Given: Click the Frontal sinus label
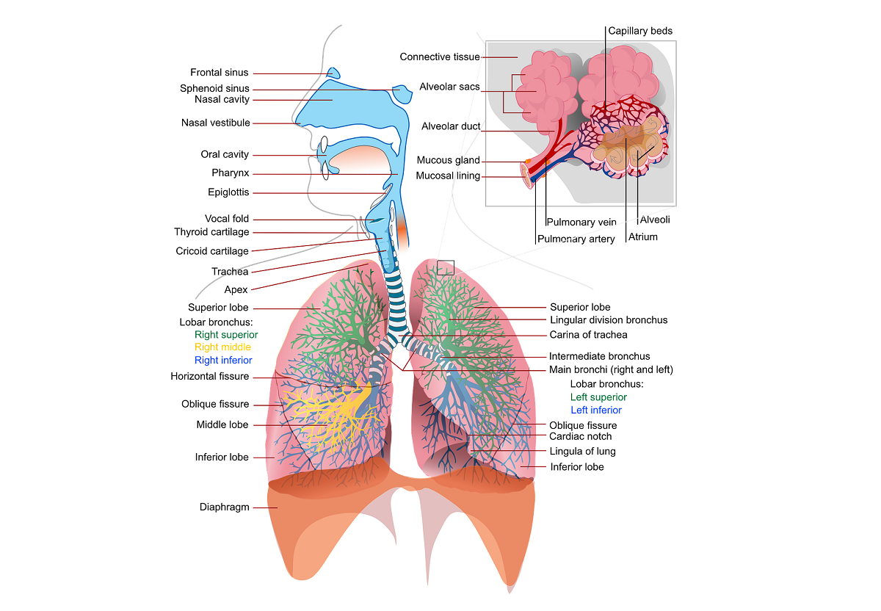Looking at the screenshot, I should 220,73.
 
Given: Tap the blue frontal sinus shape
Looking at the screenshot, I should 334,73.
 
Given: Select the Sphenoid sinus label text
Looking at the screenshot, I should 214,89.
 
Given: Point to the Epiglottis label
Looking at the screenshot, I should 228,192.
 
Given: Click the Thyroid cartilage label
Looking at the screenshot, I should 211,232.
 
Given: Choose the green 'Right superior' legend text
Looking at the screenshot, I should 226,335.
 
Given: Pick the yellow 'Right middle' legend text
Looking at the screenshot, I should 222,347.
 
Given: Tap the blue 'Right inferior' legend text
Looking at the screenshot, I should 223,361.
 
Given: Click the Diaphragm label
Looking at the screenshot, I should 225,507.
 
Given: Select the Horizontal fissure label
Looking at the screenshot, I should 210,377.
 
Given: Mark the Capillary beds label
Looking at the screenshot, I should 640,31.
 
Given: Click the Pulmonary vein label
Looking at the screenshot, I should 581,223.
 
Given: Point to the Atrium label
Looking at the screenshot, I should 643,237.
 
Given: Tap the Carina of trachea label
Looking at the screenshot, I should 589,335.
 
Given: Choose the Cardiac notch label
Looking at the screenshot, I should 581,437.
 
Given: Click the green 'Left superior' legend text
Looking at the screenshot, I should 599,397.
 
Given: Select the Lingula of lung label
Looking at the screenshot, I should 583,452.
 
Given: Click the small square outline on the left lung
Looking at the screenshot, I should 446,267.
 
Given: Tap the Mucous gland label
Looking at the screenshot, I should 448,160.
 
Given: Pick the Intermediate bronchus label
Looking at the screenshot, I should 600,357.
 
